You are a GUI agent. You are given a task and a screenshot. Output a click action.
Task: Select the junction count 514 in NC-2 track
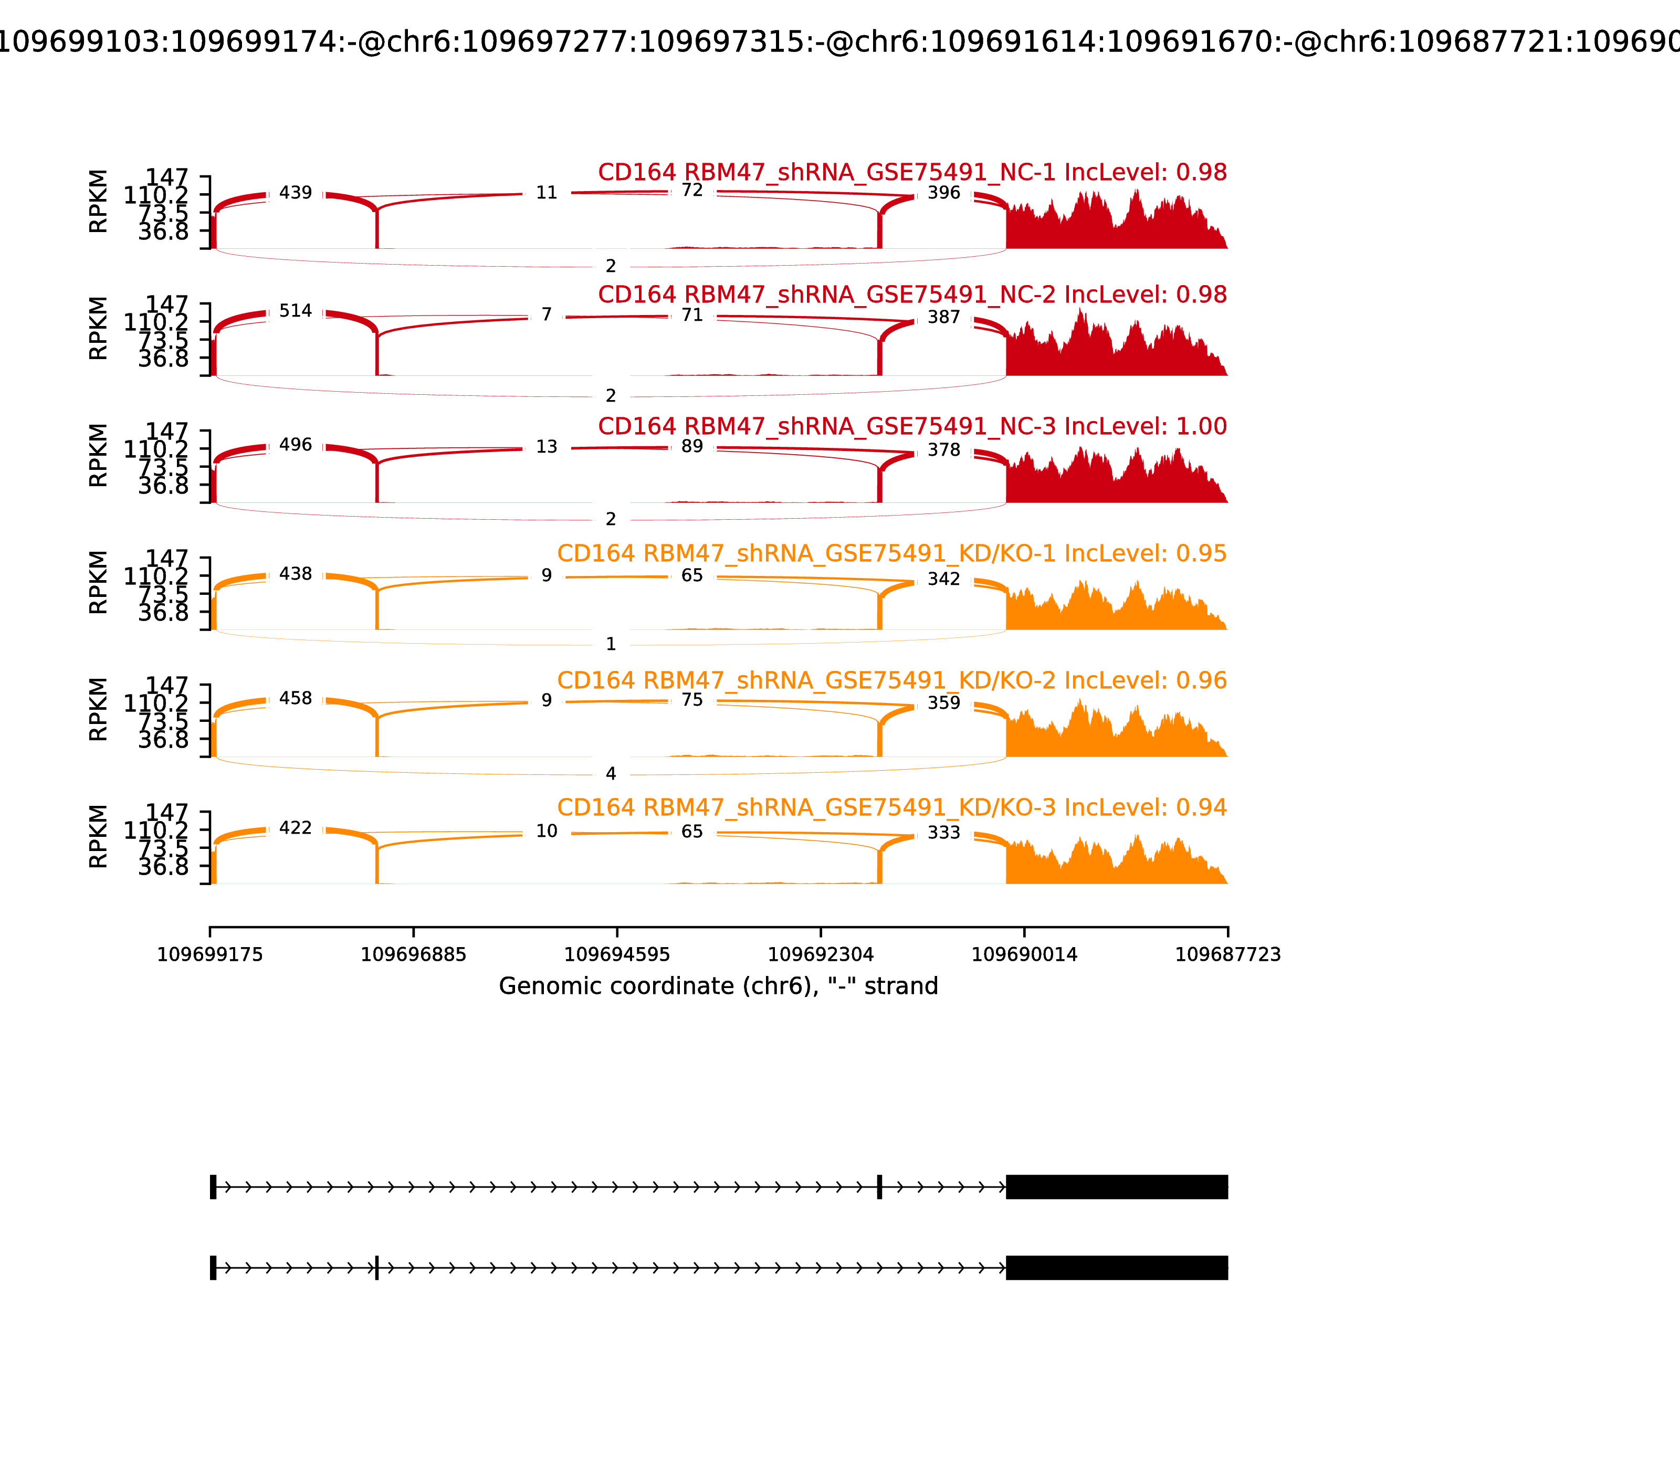pyautogui.click(x=295, y=311)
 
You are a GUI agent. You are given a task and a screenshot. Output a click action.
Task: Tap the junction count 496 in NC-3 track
pyautogui.click(x=295, y=445)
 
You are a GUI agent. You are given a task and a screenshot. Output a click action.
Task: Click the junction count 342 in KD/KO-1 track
pyautogui.click(x=943, y=579)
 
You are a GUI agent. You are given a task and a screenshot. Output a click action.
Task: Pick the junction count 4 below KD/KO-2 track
pyautogui.click(x=610, y=773)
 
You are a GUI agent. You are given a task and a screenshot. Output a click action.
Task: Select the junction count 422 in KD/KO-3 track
pyautogui.click(x=295, y=828)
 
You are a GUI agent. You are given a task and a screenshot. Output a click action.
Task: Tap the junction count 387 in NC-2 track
pyautogui.click(x=943, y=318)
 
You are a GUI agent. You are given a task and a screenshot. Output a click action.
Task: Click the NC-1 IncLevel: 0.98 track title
pyautogui.click(x=912, y=172)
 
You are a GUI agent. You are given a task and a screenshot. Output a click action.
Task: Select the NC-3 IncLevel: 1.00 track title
pyautogui.click(x=912, y=426)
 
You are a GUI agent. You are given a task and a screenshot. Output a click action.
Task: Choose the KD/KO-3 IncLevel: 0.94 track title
pyautogui.click(x=891, y=808)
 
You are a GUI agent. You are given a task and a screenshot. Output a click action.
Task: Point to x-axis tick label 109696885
pyautogui.click(x=414, y=955)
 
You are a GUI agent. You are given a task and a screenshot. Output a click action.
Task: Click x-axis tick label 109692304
pyautogui.click(x=820, y=955)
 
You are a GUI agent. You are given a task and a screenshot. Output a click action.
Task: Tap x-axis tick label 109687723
pyautogui.click(x=1227, y=955)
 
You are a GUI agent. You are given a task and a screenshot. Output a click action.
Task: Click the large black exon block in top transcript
pyautogui.click(x=1117, y=1187)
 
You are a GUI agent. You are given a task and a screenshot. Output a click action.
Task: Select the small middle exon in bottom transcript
pyautogui.click(x=376, y=1267)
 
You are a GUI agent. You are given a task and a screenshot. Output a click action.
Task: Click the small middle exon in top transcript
pyautogui.click(x=879, y=1187)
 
